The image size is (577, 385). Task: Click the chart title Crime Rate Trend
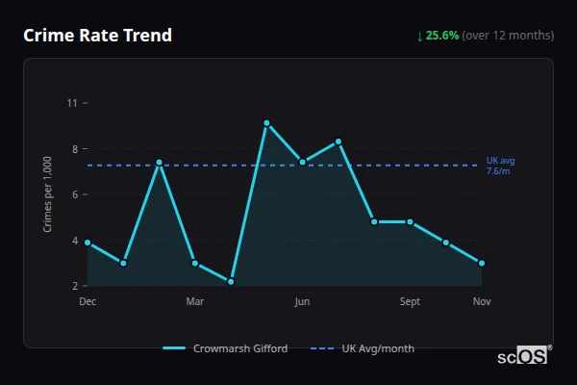click(97, 36)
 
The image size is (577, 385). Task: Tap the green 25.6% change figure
click(442, 36)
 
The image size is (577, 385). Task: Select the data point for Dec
click(88, 243)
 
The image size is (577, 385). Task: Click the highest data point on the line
click(266, 123)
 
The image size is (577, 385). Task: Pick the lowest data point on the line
click(231, 281)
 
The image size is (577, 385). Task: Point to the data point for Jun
click(302, 162)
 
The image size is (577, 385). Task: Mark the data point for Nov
click(482, 263)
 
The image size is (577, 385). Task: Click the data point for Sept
click(410, 221)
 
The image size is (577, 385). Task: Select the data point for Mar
click(195, 263)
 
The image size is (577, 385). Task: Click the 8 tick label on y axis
click(74, 149)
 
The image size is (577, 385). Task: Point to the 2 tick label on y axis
click(74, 286)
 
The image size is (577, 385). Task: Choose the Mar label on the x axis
click(195, 302)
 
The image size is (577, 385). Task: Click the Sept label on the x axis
click(410, 302)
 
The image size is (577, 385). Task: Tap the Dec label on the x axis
click(88, 302)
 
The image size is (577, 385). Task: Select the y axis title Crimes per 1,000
click(48, 194)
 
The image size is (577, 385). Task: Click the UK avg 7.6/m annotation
click(500, 165)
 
